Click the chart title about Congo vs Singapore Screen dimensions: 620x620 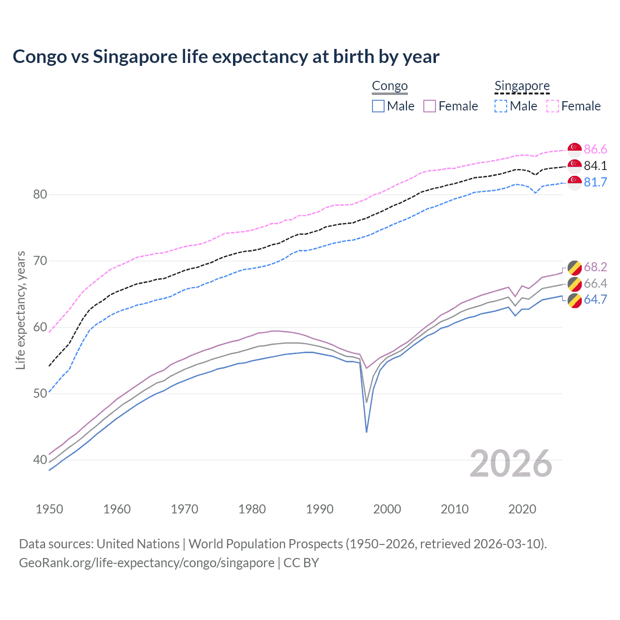(226, 57)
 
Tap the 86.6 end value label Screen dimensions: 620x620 (595, 149)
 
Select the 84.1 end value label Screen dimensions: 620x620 (595, 166)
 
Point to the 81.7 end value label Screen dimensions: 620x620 (595, 182)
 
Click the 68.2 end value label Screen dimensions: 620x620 (595, 267)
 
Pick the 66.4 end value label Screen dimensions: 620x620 (595, 283)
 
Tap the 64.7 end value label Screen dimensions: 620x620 (595, 299)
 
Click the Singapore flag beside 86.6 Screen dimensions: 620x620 (574, 149)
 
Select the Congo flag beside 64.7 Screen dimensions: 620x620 (574, 300)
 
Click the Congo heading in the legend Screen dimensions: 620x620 (389, 86)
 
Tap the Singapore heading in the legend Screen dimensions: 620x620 (522, 86)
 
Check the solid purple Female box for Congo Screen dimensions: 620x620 (430, 106)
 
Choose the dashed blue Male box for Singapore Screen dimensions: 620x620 (501, 106)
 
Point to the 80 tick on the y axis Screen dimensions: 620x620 (40, 195)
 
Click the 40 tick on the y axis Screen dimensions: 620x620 (40, 460)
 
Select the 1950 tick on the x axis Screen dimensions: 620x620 (49, 509)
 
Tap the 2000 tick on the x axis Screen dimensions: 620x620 (387, 509)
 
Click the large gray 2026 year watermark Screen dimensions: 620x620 (511, 464)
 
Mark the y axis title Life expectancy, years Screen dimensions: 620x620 (21, 310)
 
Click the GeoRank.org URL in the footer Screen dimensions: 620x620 (147, 563)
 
